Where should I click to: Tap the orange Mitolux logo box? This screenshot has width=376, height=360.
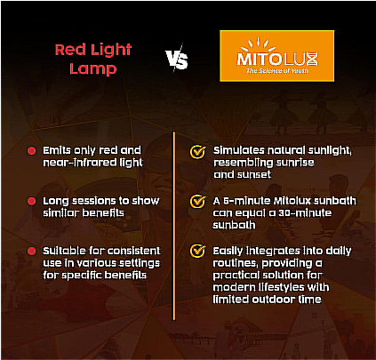point(277,56)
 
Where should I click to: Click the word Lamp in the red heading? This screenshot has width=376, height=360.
point(93,68)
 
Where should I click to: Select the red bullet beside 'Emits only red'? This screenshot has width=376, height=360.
point(31,151)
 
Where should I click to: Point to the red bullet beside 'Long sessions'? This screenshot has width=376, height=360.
point(31,201)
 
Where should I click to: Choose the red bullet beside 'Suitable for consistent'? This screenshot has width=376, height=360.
point(31,252)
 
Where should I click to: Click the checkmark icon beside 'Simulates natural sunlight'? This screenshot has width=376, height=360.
point(197,151)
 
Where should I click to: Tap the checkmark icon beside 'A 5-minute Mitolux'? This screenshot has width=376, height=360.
point(197,202)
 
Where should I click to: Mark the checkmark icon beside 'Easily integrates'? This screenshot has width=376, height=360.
point(197,252)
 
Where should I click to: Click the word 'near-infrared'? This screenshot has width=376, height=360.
point(80,163)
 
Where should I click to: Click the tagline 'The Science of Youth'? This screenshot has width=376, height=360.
point(277,71)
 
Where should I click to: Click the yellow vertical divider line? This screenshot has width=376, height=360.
point(174,226)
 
